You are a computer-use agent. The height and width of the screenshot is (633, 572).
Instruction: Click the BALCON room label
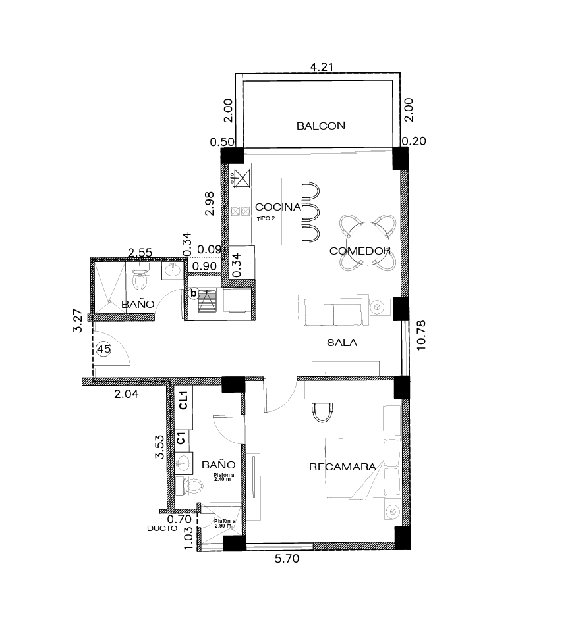[x=320, y=126]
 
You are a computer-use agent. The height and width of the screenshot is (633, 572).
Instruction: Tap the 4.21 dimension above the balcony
[x=322, y=67]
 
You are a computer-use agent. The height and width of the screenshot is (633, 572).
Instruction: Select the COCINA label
[x=277, y=207]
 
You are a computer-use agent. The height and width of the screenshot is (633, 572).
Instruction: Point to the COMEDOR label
[x=360, y=251]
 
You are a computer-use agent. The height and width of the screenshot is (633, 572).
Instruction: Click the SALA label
[x=342, y=343]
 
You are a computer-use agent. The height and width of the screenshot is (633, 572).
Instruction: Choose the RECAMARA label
[x=343, y=467]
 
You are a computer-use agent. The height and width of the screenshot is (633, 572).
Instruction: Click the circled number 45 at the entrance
[x=104, y=349]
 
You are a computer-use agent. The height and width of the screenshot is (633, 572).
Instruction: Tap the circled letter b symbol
[x=194, y=293]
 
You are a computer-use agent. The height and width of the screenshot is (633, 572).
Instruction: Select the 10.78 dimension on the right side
[x=421, y=335]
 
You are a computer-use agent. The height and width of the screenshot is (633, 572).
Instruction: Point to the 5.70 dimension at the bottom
[x=287, y=559]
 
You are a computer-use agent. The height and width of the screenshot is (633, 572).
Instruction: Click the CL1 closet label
[x=183, y=400]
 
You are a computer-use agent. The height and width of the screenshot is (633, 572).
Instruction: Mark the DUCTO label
[x=162, y=528]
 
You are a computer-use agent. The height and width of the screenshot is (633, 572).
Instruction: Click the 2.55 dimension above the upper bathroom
[x=140, y=253]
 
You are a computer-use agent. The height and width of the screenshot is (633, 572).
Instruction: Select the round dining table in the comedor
[x=368, y=243]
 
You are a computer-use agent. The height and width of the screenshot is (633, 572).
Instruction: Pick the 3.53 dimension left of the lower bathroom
[x=159, y=447]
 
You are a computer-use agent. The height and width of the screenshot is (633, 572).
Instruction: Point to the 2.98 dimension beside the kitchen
[x=210, y=203]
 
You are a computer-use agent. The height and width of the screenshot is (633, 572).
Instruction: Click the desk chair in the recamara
[x=322, y=412]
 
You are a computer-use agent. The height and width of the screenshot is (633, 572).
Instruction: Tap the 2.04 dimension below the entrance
[x=126, y=393]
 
